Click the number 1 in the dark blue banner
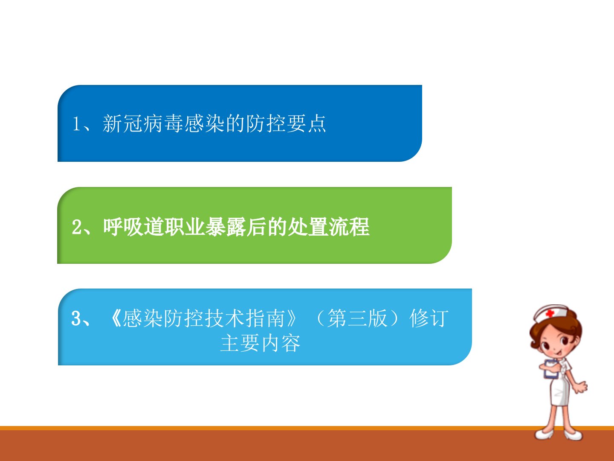76,124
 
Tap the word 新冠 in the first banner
122,123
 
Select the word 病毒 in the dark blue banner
163,123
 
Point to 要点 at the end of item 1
306,123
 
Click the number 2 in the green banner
76,227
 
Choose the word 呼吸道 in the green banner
133,227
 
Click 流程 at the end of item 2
349,227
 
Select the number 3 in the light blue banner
76,318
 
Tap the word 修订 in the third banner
429,318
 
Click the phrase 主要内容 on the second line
260,343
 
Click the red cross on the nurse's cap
550,313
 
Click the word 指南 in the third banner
265,318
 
